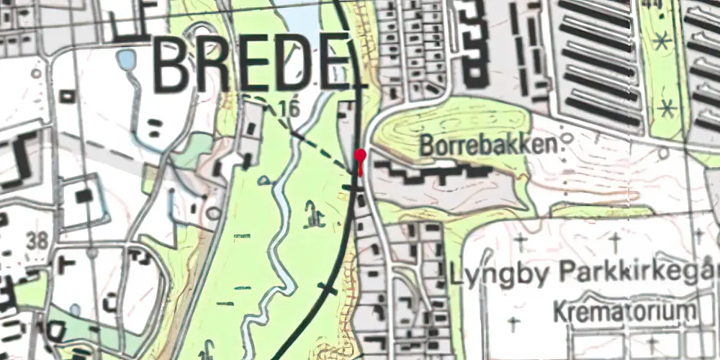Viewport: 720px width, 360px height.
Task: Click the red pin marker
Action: (x=361, y=157)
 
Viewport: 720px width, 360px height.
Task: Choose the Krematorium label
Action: (x=625, y=312)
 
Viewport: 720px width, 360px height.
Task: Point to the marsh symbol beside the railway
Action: (x=311, y=213)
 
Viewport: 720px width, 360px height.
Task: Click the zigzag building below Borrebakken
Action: (x=432, y=174)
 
